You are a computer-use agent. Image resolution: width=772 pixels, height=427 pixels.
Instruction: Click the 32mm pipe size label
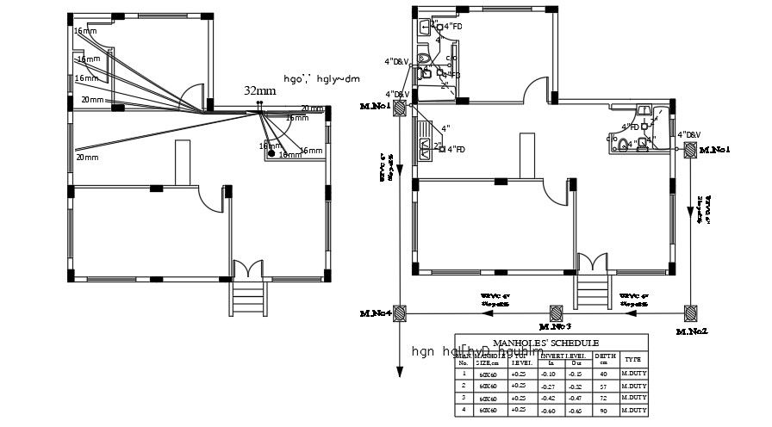click(259, 90)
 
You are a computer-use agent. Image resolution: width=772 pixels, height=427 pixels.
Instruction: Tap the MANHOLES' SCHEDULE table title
click(551, 342)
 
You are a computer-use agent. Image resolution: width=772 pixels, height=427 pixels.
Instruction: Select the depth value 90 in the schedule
click(605, 411)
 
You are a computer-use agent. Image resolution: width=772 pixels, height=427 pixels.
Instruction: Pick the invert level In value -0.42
click(547, 399)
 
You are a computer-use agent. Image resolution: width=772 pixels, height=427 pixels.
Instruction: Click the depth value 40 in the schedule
click(605, 374)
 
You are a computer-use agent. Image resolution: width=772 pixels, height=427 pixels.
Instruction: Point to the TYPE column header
click(632, 359)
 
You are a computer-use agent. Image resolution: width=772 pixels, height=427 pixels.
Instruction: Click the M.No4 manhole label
click(377, 312)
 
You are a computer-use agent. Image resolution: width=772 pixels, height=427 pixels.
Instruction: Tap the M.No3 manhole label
click(555, 327)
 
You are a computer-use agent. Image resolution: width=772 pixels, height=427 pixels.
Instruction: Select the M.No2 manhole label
click(692, 331)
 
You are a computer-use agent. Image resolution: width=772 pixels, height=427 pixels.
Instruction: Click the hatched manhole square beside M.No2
click(690, 313)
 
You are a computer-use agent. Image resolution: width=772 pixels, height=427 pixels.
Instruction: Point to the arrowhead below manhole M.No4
click(400, 371)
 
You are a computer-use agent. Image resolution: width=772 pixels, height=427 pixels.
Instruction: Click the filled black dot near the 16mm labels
click(271, 154)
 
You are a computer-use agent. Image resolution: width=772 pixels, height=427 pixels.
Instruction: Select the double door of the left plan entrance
click(248, 268)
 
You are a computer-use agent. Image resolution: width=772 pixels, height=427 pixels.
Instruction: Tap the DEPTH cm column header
click(605, 359)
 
